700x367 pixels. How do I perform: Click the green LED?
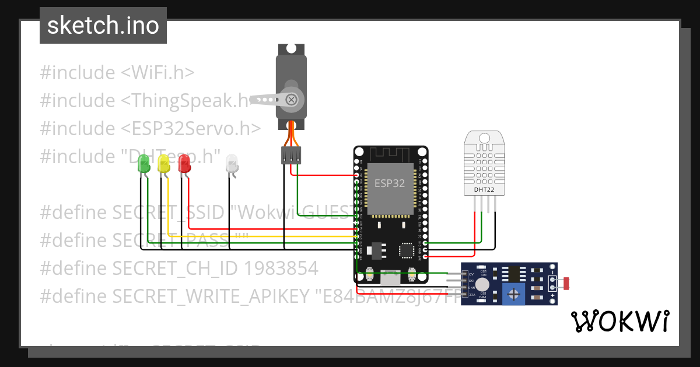click(x=142, y=164)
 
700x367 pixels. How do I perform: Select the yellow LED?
click(x=163, y=164)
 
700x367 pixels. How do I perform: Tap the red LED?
click(x=184, y=163)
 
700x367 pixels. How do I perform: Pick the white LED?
click(x=232, y=163)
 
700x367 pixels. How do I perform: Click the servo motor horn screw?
click(x=292, y=100)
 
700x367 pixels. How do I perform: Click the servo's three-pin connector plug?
click(x=291, y=155)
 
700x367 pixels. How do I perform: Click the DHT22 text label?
click(x=485, y=189)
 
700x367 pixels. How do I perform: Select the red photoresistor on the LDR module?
click(x=566, y=284)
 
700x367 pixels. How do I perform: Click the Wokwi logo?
click(x=619, y=321)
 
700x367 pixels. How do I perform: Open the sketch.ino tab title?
click(x=103, y=26)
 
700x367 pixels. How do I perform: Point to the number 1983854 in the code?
click(x=281, y=269)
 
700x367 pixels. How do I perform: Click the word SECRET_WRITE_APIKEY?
click(x=210, y=297)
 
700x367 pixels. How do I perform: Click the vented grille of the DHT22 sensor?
click(x=485, y=163)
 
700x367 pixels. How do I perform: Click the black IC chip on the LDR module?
click(x=513, y=273)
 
